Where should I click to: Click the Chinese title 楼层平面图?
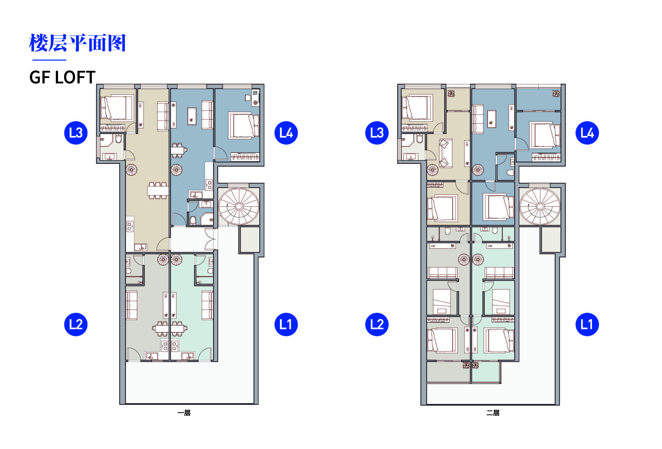point(77,43)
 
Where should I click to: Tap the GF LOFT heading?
point(62,77)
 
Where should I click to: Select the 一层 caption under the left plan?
point(184,413)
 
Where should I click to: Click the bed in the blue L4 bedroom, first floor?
point(244,126)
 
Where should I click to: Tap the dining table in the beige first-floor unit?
point(157,190)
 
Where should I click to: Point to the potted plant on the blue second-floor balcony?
point(556,93)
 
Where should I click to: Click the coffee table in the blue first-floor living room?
point(192,116)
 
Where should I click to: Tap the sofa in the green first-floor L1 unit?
point(207,305)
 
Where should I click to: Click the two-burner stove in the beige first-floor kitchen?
point(130,227)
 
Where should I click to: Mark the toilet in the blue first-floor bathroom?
point(193,221)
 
